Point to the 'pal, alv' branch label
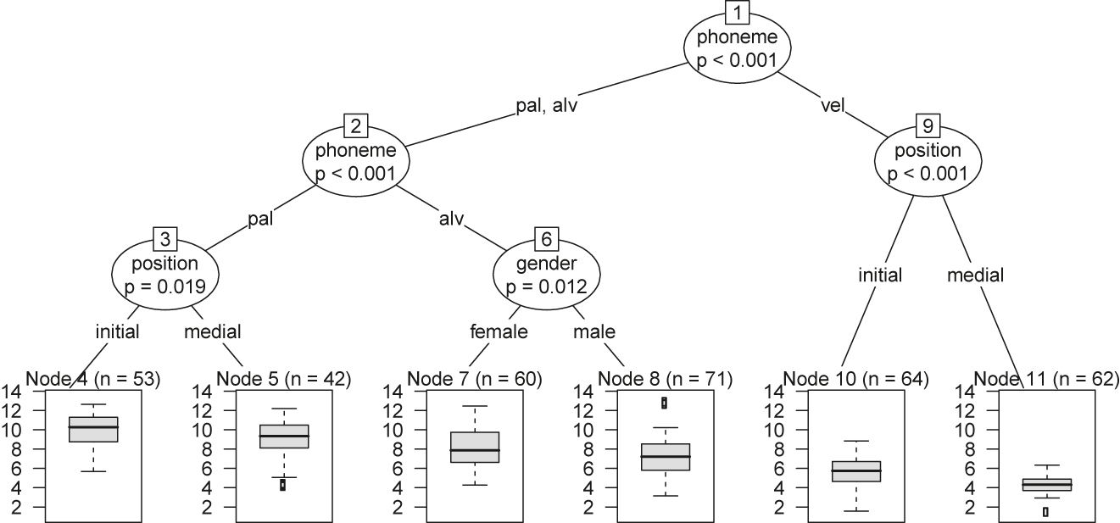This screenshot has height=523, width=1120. tap(547, 106)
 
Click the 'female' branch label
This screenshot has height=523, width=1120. tap(499, 331)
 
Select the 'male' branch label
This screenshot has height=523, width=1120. tap(594, 331)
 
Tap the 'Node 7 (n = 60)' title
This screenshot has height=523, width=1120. tap(474, 377)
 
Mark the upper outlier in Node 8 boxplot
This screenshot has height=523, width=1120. tap(664, 403)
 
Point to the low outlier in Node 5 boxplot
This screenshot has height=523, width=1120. tap(283, 485)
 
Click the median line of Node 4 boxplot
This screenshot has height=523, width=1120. tap(93, 426)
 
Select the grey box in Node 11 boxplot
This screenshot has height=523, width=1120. tap(1047, 484)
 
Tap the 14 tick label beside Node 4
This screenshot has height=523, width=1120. tap(13, 392)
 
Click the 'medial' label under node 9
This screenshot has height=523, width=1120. tap(975, 275)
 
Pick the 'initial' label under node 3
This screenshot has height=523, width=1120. tap(117, 331)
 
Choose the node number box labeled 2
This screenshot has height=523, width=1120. tap(356, 127)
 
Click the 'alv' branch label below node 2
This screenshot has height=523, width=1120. tap(451, 220)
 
